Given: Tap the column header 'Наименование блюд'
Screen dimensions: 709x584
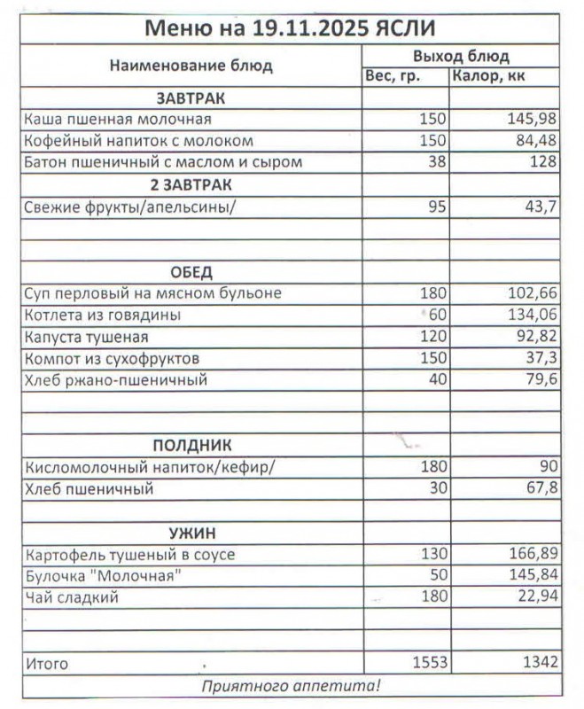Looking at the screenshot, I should (x=191, y=66).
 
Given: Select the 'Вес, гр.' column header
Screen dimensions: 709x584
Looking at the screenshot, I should (x=405, y=76).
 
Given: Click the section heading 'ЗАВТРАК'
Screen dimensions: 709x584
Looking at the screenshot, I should (x=191, y=97).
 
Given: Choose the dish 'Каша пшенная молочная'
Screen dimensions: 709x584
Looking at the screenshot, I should (x=118, y=119).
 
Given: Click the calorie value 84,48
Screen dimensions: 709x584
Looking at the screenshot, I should (x=535, y=140).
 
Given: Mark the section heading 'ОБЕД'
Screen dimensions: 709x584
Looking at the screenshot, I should (x=191, y=271).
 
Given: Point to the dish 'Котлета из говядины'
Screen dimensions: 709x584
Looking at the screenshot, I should (x=104, y=316).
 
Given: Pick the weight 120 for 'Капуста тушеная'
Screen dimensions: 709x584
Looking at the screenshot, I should (x=432, y=337).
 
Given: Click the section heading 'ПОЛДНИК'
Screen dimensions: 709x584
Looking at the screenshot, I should (x=191, y=446).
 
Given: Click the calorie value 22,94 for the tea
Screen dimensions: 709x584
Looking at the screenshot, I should (x=535, y=597).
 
